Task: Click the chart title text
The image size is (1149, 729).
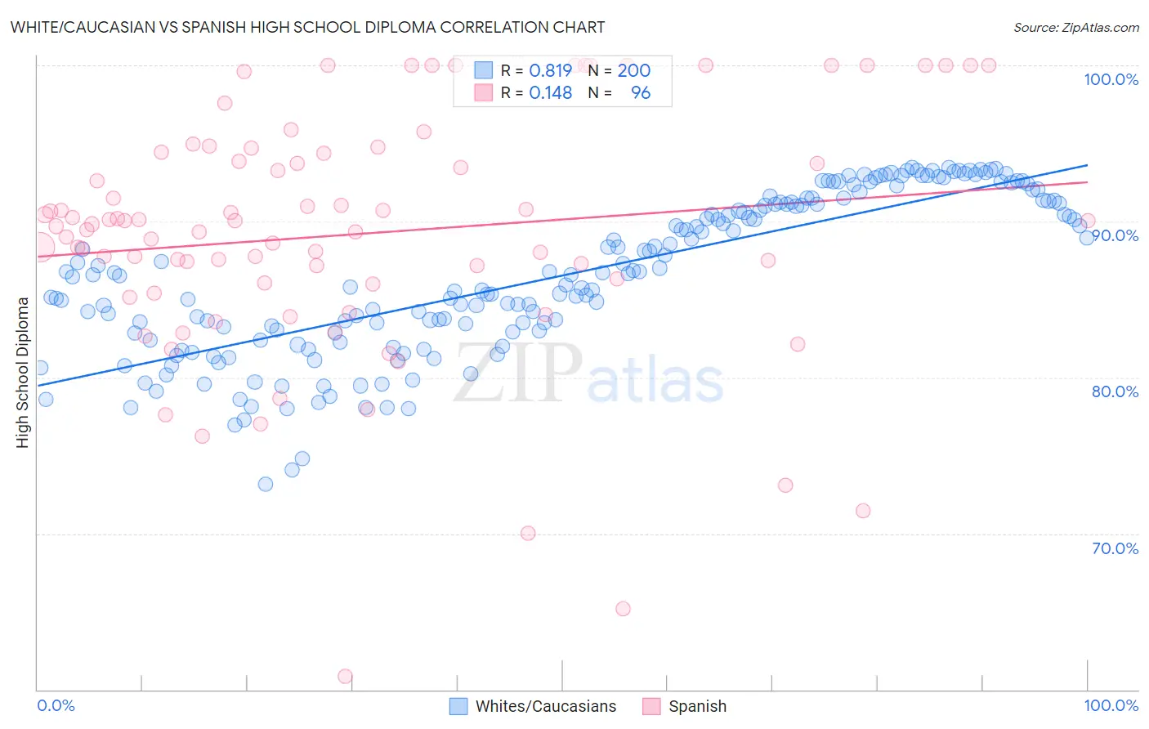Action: click(x=307, y=27)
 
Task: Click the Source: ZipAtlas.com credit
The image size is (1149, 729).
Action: click(x=1075, y=28)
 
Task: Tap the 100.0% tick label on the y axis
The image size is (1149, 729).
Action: click(x=1111, y=79)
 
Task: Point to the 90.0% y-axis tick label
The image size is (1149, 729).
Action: click(x=1115, y=235)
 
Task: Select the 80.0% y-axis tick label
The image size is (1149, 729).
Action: click(x=1115, y=391)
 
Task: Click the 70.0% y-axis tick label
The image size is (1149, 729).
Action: click(x=1115, y=548)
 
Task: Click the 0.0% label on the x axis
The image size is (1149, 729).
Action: click(x=56, y=705)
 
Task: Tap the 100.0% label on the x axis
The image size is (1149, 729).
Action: click(x=1111, y=705)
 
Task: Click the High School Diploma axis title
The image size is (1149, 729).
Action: click(x=23, y=372)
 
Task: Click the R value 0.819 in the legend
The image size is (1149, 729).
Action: click(x=550, y=71)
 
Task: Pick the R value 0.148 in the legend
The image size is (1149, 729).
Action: click(x=550, y=93)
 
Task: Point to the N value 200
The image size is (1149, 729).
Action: click(x=633, y=71)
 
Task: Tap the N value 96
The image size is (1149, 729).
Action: click(x=641, y=93)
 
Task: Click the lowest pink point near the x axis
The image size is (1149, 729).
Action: click(x=345, y=677)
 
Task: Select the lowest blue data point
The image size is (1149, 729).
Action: click(x=266, y=484)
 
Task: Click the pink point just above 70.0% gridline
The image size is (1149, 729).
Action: click(x=528, y=533)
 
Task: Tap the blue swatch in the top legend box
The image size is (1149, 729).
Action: click(x=484, y=70)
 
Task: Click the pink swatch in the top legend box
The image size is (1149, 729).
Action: click(x=484, y=92)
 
